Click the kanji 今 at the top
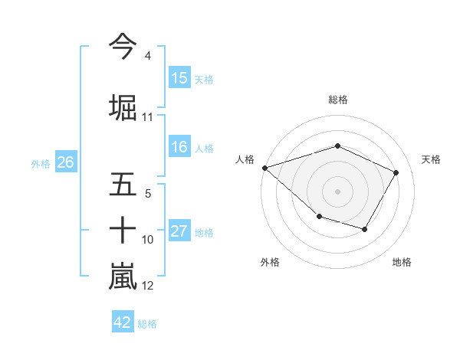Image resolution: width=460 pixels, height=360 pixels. [123, 47]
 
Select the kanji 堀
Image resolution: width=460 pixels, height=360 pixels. [123, 107]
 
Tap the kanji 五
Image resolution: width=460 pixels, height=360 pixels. [123, 184]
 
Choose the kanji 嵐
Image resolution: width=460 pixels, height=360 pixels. [123, 276]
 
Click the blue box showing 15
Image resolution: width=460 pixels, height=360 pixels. [179, 78]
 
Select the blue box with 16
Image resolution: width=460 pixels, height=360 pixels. [179, 148]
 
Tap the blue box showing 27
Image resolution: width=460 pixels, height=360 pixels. [179, 232]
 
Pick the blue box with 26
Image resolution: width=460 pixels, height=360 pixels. [65, 162]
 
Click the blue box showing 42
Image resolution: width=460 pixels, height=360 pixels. [123, 322]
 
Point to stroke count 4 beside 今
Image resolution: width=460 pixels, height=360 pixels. [147, 56]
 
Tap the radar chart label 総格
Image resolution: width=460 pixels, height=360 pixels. [338, 100]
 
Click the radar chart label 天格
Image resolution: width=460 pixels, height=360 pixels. [431, 159]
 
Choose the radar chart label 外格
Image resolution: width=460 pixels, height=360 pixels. [270, 262]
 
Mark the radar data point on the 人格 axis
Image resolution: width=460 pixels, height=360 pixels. [264, 167]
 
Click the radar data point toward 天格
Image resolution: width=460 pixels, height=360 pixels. [396, 172]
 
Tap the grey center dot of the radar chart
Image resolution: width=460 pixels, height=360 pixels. [337, 191]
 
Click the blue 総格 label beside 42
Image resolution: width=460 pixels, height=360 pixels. [147, 324]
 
